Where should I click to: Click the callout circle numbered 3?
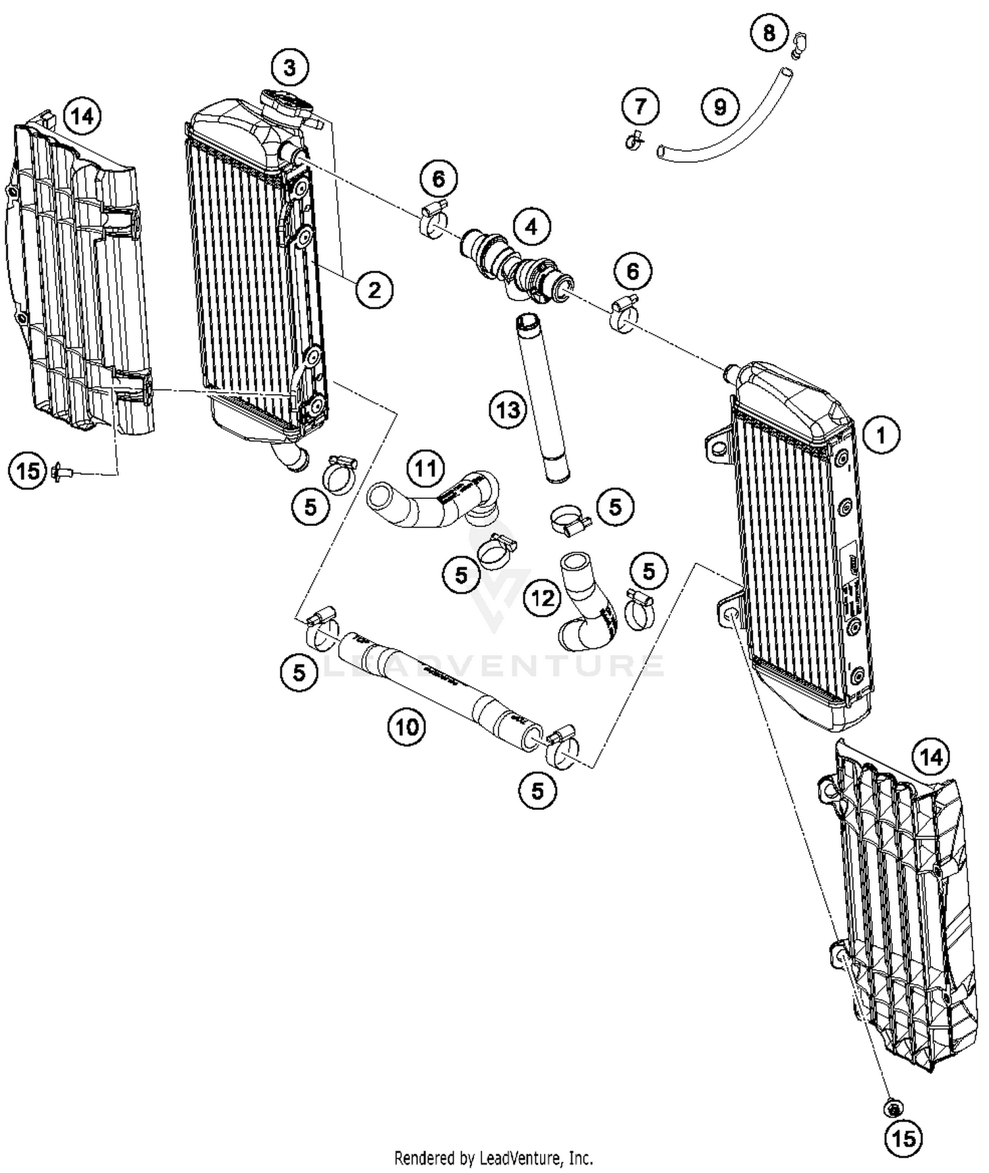(x=290, y=67)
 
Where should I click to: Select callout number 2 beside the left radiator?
(x=375, y=290)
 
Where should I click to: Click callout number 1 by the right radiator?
(x=881, y=436)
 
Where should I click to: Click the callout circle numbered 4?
(x=531, y=227)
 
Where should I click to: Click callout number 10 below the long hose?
(x=407, y=727)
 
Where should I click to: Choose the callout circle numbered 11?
(x=425, y=469)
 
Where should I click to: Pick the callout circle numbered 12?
(x=543, y=598)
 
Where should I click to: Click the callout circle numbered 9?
(x=720, y=107)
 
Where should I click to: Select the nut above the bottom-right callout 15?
(x=893, y=1108)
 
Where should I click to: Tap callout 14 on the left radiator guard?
(x=82, y=117)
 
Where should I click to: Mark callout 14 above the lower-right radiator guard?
(x=931, y=758)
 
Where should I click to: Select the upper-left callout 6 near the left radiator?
(x=438, y=179)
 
